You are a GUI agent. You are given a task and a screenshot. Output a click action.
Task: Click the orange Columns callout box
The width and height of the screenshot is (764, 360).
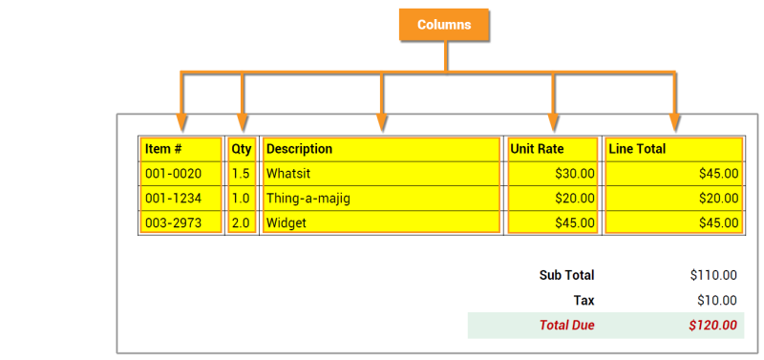pos(443,25)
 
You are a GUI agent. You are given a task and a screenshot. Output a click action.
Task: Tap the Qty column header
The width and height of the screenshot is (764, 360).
pos(241,149)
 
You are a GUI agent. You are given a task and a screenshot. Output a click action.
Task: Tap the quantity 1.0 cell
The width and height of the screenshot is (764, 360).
pos(241,199)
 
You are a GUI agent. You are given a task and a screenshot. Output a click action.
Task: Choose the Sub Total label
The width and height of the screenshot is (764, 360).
pos(566,275)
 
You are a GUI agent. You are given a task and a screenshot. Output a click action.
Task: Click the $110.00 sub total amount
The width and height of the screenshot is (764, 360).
pos(713,275)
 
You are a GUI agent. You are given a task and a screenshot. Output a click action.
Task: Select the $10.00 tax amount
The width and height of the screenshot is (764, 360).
pos(717,300)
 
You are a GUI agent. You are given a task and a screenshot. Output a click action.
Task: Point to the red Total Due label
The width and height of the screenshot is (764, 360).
pos(566,325)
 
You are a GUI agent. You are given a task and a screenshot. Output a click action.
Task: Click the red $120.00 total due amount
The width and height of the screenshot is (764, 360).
pos(712,325)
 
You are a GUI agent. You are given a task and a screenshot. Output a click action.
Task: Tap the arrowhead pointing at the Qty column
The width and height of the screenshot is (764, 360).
pos(242,122)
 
